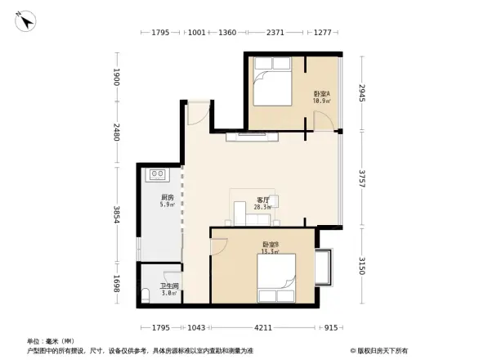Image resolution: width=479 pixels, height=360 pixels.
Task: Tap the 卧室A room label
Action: [322, 97]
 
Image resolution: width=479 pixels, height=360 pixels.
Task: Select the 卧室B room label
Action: [271, 247]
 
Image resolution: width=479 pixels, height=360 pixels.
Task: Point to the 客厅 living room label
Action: [262, 204]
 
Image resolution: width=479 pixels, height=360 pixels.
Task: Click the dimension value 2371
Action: [275, 33]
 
